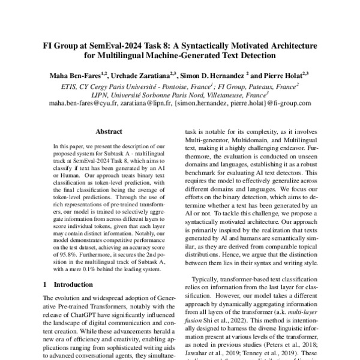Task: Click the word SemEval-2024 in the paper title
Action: [x=119, y=46]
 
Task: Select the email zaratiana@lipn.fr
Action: [x=146, y=103]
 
